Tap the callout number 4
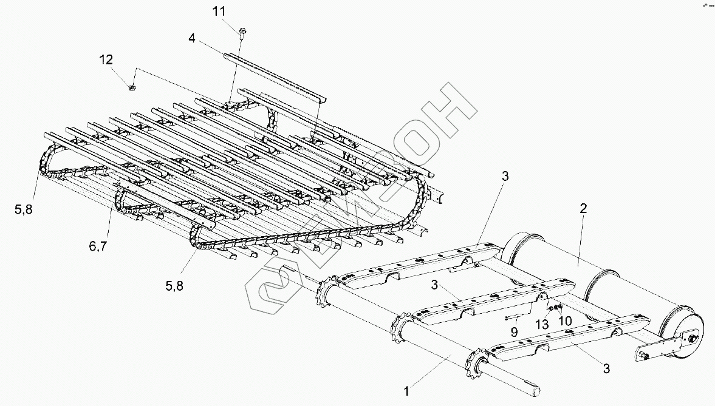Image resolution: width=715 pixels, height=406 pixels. point(192,39)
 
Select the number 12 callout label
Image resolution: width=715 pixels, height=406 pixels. point(106,59)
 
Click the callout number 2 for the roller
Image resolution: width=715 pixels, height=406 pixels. point(583,209)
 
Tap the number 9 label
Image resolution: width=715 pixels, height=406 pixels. point(515,332)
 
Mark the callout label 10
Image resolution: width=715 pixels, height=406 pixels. point(565,320)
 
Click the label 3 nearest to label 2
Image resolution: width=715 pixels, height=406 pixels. point(505,177)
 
